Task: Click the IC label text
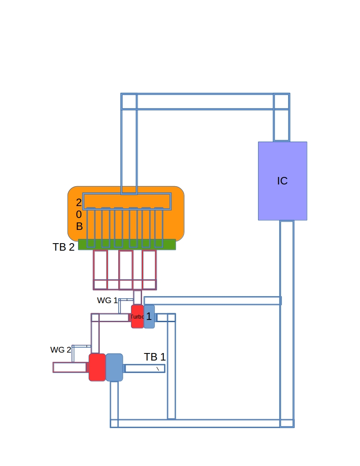282,180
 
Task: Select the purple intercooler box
282,181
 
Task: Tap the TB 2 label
64,247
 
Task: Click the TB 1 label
155,357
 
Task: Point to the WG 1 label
107,301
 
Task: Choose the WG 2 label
60,350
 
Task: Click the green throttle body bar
127,244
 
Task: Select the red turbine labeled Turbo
137,316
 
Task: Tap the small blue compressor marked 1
149,316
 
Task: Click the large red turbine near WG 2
97,367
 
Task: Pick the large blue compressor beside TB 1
114,367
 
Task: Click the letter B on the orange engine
79,226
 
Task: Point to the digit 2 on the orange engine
79,203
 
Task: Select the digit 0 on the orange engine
79,214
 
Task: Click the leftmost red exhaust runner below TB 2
100,270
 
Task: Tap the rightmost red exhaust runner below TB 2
149,270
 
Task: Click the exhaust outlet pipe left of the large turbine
70,367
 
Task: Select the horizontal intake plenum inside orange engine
127,202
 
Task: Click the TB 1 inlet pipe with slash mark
145,368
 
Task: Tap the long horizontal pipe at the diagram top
205,101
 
